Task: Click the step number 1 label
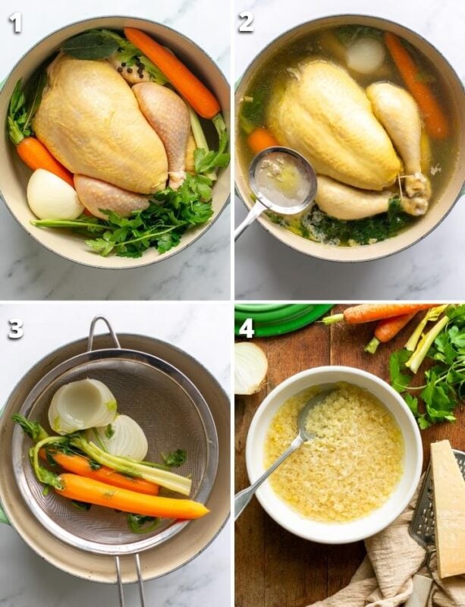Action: point(15,22)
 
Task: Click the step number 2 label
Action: point(247,22)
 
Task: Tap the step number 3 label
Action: point(15,329)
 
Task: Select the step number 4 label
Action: point(247,329)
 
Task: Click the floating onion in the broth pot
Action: point(366,55)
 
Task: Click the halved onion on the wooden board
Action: point(250,367)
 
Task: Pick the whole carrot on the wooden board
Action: point(379,312)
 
